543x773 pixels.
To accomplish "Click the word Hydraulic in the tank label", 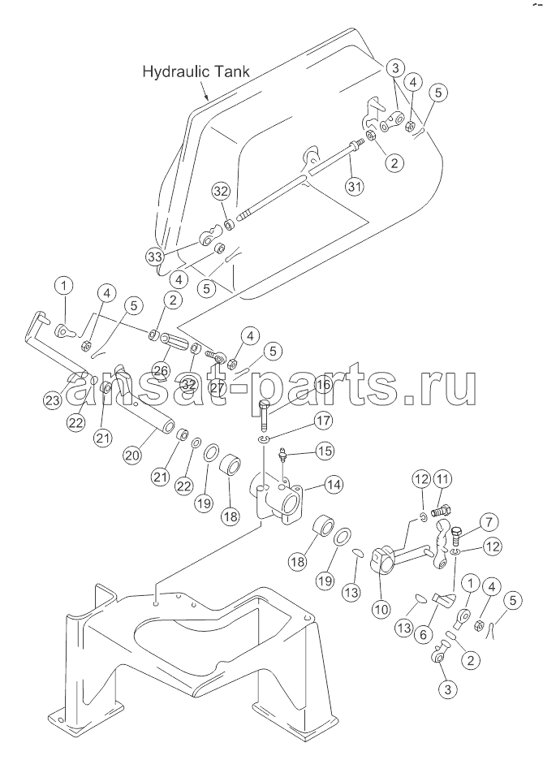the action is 175,72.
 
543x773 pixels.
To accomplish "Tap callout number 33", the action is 155,256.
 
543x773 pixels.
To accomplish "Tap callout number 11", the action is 442,479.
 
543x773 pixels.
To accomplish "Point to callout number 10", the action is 381,609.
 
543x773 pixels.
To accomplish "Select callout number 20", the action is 132,455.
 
